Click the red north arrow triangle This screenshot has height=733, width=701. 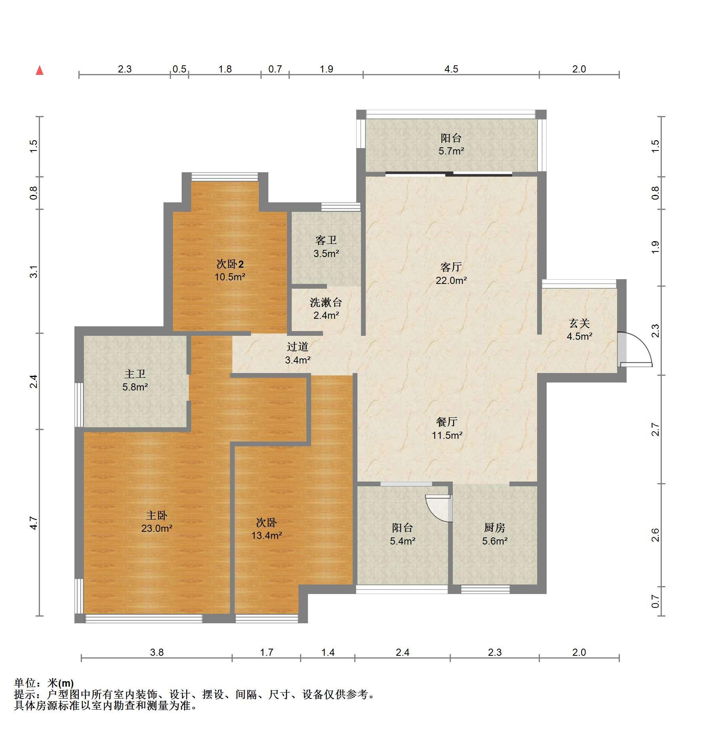(x=40, y=70)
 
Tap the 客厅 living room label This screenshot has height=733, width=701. (x=451, y=267)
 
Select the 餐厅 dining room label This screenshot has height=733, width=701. (x=447, y=422)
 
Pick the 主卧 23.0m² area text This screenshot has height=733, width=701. (x=157, y=528)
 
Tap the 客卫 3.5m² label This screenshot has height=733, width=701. (x=326, y=247)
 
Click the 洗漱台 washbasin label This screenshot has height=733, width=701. (x=326, y=303)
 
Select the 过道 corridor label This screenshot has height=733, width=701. (x=297, y=347)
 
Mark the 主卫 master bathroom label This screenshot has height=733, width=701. (x=135, y=374)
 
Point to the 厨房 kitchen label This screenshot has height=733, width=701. (x=494, y=527)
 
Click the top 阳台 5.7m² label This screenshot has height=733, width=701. (x=451, y=144)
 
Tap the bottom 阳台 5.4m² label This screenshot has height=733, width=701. (x=403, y=534)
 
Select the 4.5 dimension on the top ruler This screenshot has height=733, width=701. (x=451, y=69)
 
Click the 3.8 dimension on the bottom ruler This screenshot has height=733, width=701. (x=157, y=652)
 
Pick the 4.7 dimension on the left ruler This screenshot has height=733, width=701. (x=34, y=523)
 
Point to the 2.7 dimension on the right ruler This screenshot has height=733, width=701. (x=655, y=429)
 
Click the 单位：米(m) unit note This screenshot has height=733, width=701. (x=44, y=683)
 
